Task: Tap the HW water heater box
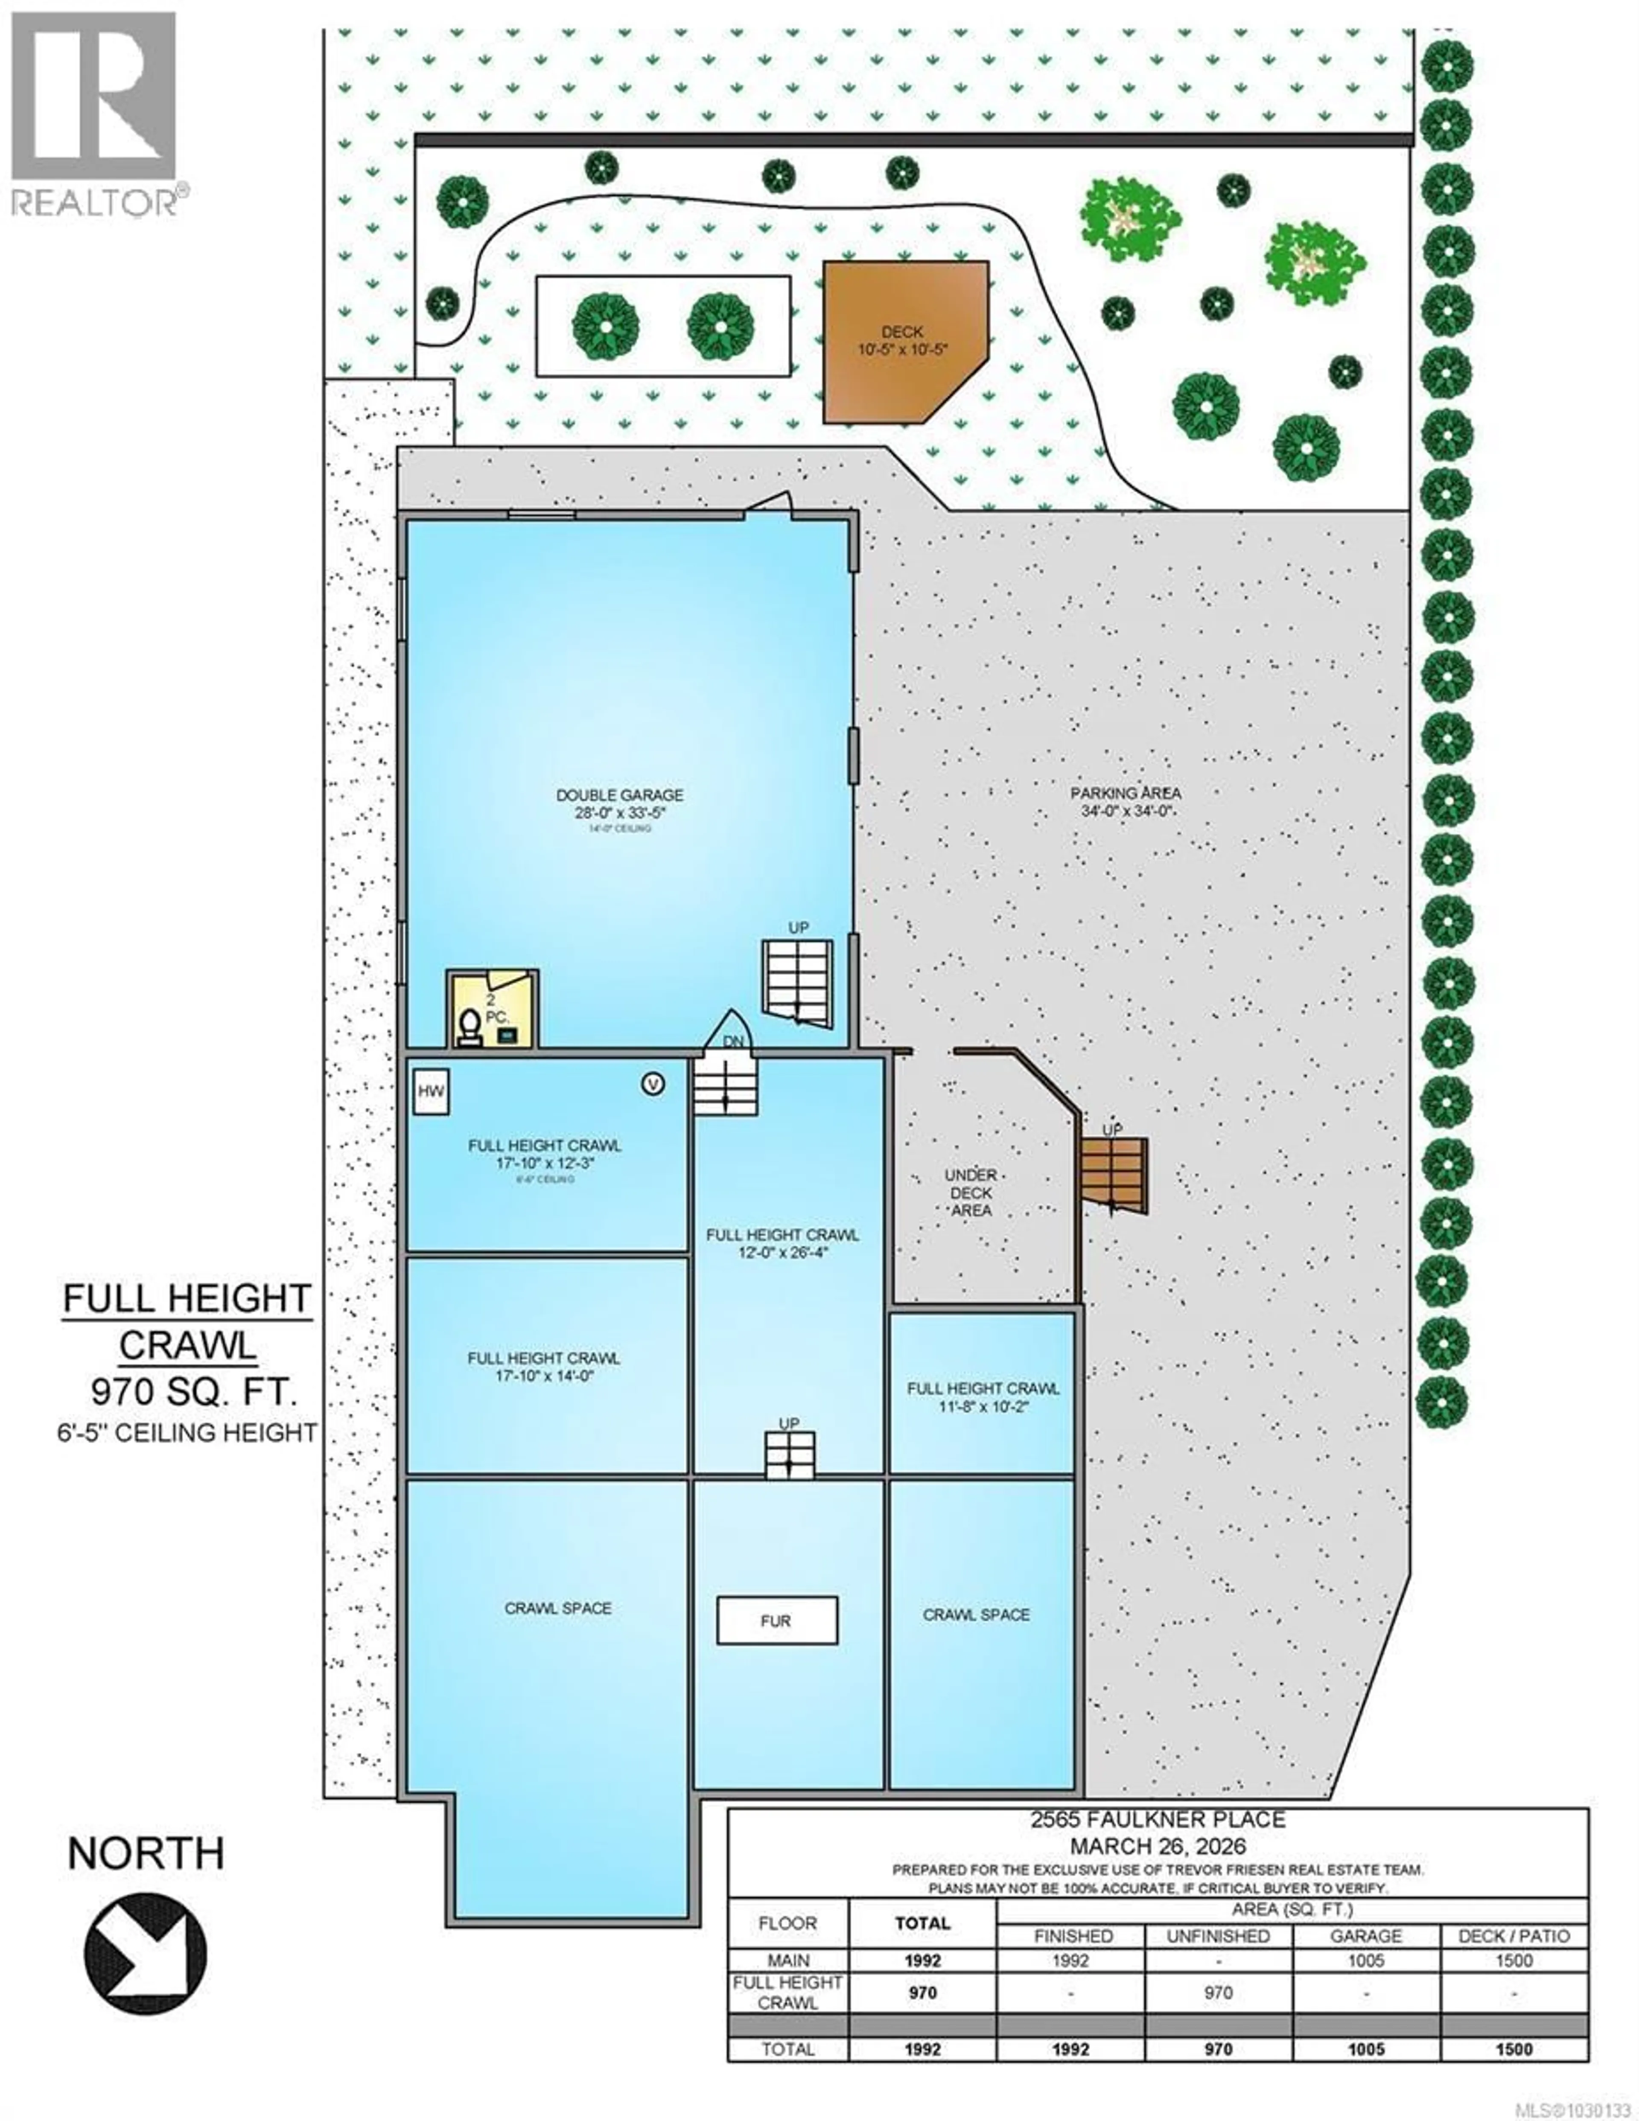[x=430, y=1091]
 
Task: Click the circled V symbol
[x=653, y=1084]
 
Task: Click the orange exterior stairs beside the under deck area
[x=1114, y=1175]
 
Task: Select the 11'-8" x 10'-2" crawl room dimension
[x=982, y=1406]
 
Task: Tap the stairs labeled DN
[x=725, y=1085]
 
